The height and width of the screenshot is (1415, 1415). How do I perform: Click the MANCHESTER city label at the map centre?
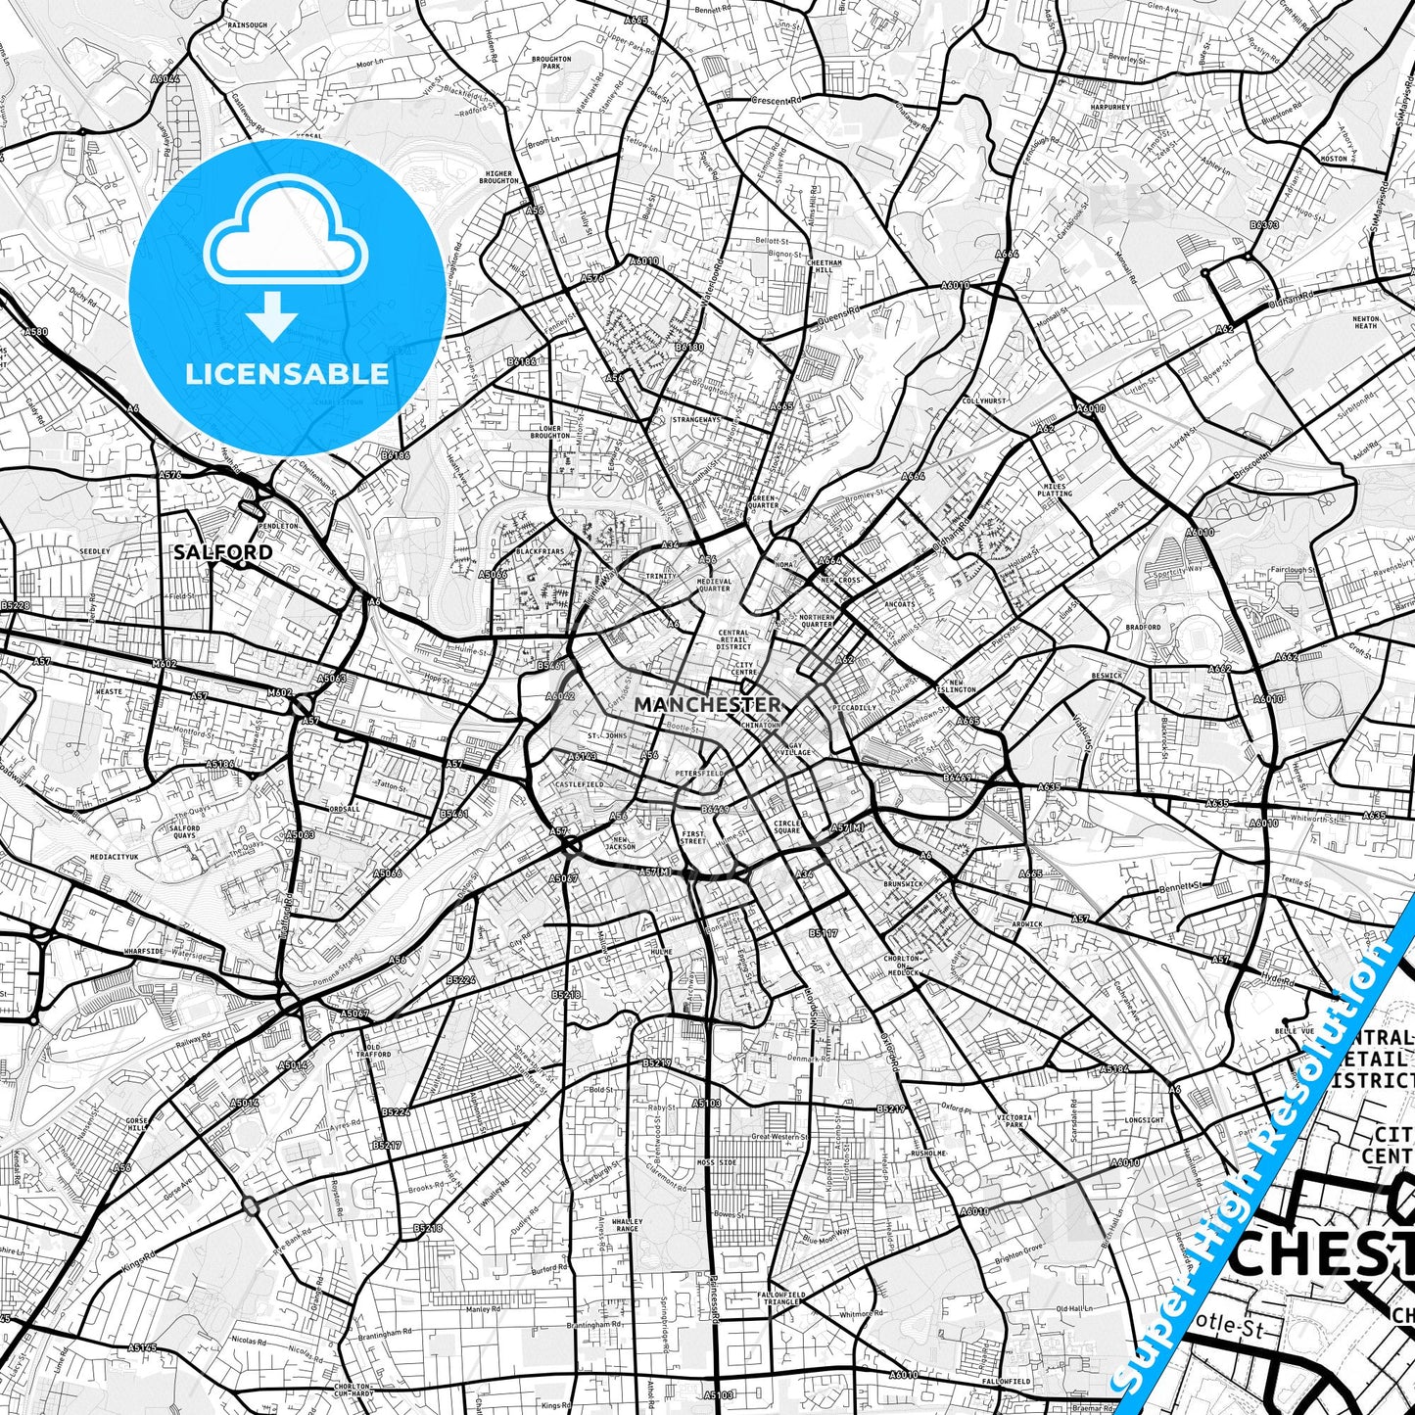(x=707, y=704)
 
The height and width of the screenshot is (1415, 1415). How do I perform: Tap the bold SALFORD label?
(x=223, y=552)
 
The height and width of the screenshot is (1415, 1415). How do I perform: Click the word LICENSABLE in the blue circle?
(x=287, y=374)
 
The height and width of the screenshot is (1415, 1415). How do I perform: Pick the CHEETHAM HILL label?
(x=824, y=266)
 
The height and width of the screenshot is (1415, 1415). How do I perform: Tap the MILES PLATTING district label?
(x=1056, y=490)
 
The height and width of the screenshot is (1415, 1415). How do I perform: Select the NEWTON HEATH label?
(x=1365, y=322)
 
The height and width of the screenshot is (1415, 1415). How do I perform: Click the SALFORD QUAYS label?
(x=184, y=831)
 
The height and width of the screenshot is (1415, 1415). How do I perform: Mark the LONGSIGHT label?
(x=1145, y=1119)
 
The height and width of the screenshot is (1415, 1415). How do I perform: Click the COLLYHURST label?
(x=983, y=401)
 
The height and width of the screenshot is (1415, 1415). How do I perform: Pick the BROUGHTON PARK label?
(x=551, y=63)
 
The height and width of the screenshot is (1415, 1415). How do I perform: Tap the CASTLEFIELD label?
(x=580, y=784)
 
